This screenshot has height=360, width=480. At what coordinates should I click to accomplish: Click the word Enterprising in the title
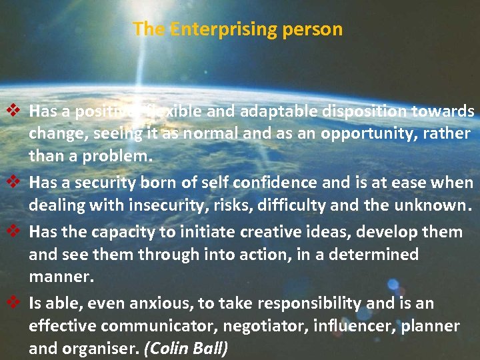point(209,29)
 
